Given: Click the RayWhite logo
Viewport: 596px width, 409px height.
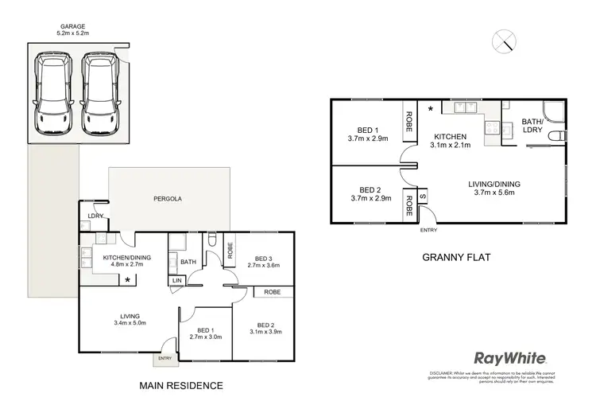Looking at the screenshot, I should (x=509, y=358).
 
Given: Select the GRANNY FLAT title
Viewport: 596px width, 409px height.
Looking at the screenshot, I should (x=456, y=257).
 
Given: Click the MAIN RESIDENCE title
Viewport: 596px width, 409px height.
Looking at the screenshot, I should (x=181, y=386).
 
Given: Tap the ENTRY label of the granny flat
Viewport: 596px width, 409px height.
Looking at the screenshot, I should (x=428, y=230).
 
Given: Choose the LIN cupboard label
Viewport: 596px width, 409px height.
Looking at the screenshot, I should (x=175, y=281).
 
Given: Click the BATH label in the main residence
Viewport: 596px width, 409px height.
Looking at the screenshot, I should (x=188, y=261).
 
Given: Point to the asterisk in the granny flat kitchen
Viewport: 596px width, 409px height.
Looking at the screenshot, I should (x=431, y=108).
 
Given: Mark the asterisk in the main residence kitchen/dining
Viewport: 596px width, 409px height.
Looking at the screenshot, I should (x=127, y=280).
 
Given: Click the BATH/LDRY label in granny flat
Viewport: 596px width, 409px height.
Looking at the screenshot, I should (x=532, y=127).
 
